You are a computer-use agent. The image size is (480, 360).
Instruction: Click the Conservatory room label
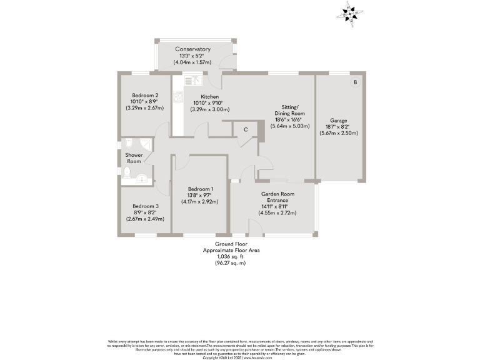[x=192, y=49]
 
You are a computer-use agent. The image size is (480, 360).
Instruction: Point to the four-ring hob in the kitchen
[x=178, y=96]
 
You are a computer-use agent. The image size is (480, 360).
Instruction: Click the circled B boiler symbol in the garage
[x=355, y=82]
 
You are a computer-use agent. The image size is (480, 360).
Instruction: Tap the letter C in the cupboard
[x=246, y=129]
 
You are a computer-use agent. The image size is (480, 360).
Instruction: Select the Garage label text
[x=338, y=120]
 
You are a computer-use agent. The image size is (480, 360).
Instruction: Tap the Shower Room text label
[x=134, y=158]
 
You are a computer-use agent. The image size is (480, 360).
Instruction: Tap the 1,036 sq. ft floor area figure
[x=231, y=256]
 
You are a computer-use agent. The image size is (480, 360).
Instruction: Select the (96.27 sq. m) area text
[x=231, y=263]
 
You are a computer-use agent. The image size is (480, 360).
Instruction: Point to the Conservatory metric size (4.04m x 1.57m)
[x=192, y=62]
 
